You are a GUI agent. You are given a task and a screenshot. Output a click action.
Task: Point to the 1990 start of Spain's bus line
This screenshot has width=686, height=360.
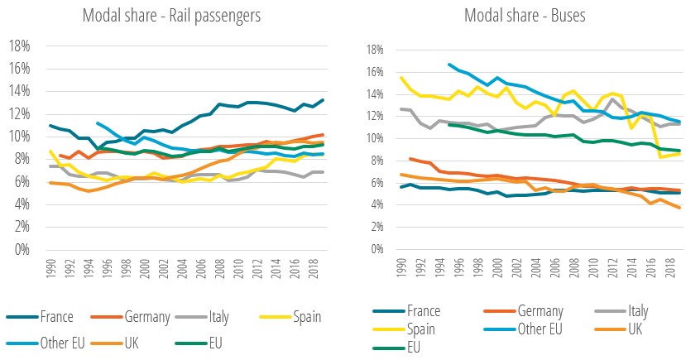point(401,78)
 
